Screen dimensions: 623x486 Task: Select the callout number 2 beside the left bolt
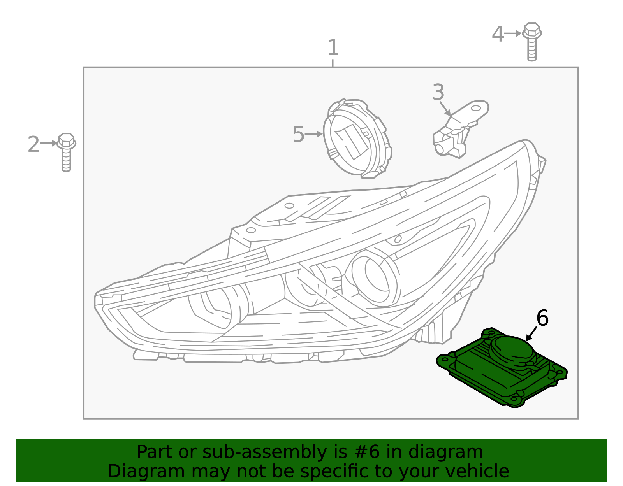pos(33,144)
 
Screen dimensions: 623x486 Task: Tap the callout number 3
pos(438,92)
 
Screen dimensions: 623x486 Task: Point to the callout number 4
pos(498,34)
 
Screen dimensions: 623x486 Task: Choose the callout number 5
pos(298,134)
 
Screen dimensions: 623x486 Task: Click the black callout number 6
pos(542,318)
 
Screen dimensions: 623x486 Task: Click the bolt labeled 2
pos(66,152)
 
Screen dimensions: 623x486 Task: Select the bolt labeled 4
pos(532,42)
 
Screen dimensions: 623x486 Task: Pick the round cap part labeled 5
pos(357,139)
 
